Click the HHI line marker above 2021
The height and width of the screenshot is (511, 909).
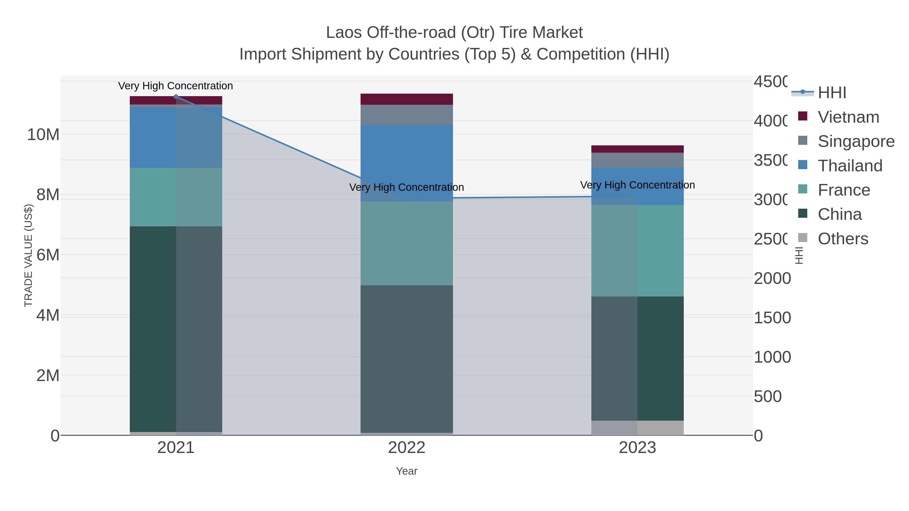tap(176, 96)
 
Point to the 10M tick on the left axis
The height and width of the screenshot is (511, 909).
tap(43, 134)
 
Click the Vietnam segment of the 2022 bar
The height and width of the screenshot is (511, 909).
tap(407, 99)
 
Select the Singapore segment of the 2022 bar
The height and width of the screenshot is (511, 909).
tap(407, 115)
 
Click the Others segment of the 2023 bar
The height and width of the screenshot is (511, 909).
tap(637, 428)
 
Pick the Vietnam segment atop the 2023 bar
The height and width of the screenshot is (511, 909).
tap(637, 149)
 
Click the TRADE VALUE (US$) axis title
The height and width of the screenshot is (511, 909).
tap(29, 255)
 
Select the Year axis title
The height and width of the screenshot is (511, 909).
tap(407, 471)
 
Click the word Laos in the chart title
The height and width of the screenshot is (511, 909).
tap(344, 33)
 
